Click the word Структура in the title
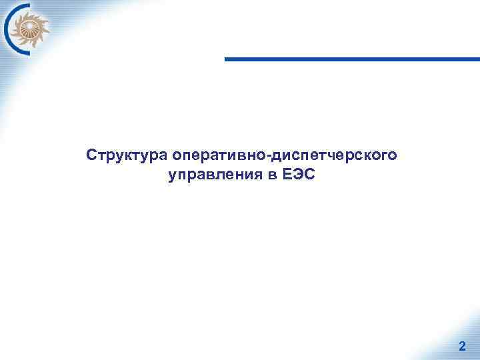[x=127, y=155]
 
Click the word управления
[x=214, y=176]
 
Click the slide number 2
[x=462, y=346]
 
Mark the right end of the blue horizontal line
[x=478, y=59]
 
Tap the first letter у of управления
[x=173, y=177]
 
